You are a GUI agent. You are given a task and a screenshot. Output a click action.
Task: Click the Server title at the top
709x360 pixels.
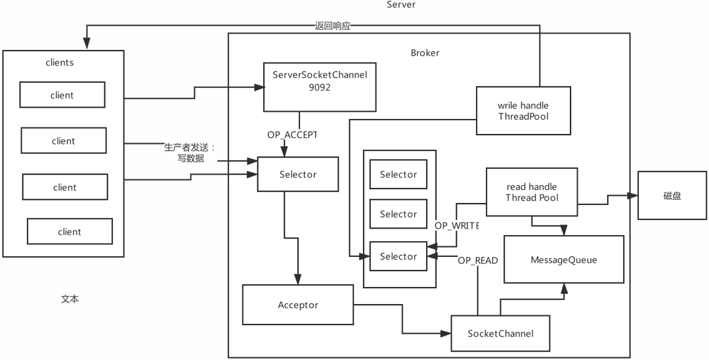tap(400, 5)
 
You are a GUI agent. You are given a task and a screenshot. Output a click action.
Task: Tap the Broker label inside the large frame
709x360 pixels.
tap(425, 53)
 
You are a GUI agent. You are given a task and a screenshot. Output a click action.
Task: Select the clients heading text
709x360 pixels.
tap(59, 63)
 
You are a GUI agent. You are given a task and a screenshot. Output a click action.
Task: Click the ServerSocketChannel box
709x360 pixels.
tap(319, 86)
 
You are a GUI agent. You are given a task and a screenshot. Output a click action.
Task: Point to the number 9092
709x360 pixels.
tap(319, 85)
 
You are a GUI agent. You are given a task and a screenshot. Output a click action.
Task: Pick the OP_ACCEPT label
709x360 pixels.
tap(291, 134)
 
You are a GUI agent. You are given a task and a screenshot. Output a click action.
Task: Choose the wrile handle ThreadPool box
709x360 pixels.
tap(523, 111)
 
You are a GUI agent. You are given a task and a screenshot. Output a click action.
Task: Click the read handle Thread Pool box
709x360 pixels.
tap(531, 192)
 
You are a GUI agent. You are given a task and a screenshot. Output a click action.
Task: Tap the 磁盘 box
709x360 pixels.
tap(672, 195)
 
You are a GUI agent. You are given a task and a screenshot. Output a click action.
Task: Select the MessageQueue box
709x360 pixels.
tap(564, 259)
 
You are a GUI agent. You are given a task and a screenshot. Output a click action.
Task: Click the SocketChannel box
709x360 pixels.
tap(500, 333)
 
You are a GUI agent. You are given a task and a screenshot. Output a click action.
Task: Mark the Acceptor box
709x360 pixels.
tap(297, 305)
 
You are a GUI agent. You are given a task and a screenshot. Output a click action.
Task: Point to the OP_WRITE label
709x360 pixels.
tap(456, 225)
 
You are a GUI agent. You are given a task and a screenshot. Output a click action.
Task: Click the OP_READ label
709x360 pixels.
tap(477, 260)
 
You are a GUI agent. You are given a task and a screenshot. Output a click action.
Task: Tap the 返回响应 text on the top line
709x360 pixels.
tap(333, 26)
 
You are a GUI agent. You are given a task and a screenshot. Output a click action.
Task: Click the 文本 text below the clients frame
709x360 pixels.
tap(70, 299)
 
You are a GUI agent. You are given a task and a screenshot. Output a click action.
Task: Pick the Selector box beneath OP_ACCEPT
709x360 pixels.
tap(297, 174)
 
